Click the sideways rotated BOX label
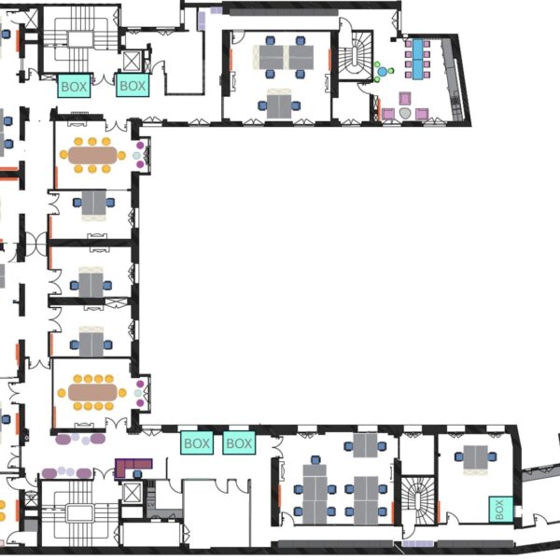tap(500, 510)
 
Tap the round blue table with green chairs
tap(382, 72)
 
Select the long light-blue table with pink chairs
tap(417, 60)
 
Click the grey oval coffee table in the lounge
tap(405, 113)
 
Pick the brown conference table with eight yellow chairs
tap(92, 155)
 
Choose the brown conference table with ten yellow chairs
tap(92, 393)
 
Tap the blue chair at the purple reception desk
tap(137, 474)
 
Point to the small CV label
tap(150, 505)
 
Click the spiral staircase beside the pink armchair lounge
tap(356, 55)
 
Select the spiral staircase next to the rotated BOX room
tap(417, 500)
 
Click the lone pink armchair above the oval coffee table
tap(405, 98)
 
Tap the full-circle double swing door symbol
tap(35, 244)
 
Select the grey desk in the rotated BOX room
tap(476, 457)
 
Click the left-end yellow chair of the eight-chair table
tap(63, 155)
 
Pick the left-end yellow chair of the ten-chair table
tap(62, 393)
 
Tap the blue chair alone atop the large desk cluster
tap(315, 459)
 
